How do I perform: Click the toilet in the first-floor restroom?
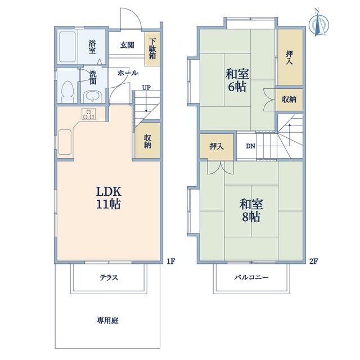point(67,92)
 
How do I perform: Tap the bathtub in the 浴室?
point(67,47)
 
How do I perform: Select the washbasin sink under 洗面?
point(92,96)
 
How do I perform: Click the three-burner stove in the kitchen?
point(89,114)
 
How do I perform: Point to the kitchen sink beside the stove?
point(65,142)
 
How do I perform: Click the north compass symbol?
point(319,23)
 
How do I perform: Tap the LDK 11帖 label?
point(109,197)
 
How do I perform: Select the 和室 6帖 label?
point(237,80)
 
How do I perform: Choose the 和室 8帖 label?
point(251,210)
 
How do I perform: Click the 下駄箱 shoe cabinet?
point(152,48)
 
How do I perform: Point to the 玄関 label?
point(127,45)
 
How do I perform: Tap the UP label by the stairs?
point(146,88)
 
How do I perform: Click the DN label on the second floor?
point(250,146)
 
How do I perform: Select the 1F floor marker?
point(171,261)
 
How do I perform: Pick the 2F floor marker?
point(314,261)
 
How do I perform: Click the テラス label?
point(109,278)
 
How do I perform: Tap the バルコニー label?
point(251,277)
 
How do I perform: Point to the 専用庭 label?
point(107,321)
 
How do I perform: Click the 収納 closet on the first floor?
point(147,140)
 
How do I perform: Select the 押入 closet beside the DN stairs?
point(217,146)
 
